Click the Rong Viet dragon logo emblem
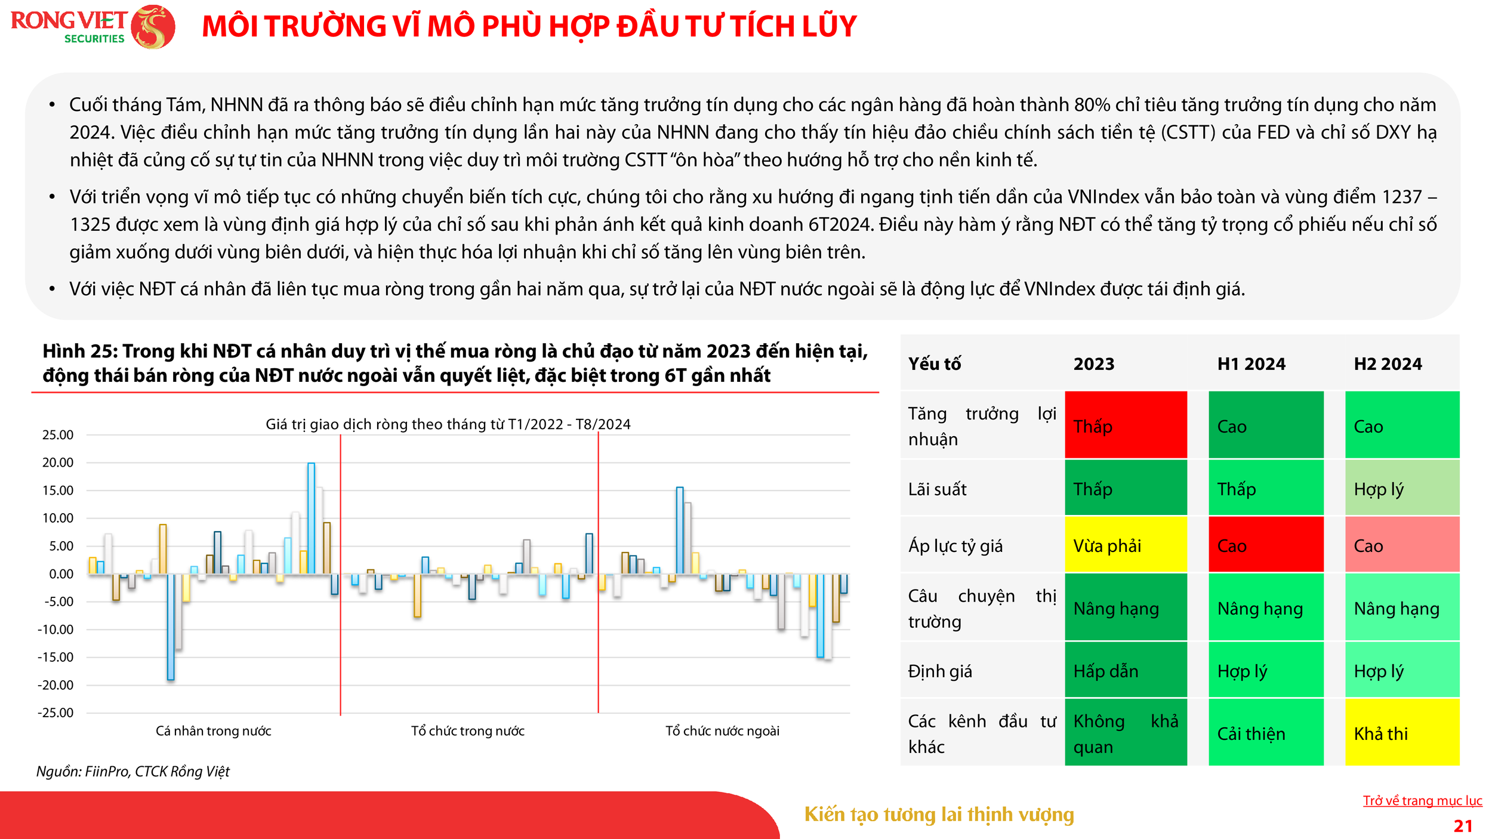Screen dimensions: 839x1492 (153, 27)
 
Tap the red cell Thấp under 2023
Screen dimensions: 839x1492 (1126, 425)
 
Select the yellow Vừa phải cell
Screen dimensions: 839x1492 (1126, 545)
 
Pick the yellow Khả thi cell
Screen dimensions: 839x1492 (1402, 733)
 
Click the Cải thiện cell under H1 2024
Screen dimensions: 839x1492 (1265, 733)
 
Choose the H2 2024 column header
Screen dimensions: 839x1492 (1388, 363)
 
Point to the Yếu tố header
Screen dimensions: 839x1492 (934, 363)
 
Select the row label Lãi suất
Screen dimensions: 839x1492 (937, 489)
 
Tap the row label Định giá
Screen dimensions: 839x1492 (940, 671)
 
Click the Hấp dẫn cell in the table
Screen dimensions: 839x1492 (1126, 671)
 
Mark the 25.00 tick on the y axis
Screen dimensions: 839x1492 (58, 435)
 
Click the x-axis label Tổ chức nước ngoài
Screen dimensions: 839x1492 (722, 731)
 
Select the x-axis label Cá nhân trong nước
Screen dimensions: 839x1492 (213, 731)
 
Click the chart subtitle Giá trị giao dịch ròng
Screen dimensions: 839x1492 (448, 424)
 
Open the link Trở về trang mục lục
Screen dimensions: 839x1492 (1422, 800)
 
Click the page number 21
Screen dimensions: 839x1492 (1463, 826)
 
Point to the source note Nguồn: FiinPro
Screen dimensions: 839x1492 (133, 772)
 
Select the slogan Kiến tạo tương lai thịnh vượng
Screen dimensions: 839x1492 (939, 815)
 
